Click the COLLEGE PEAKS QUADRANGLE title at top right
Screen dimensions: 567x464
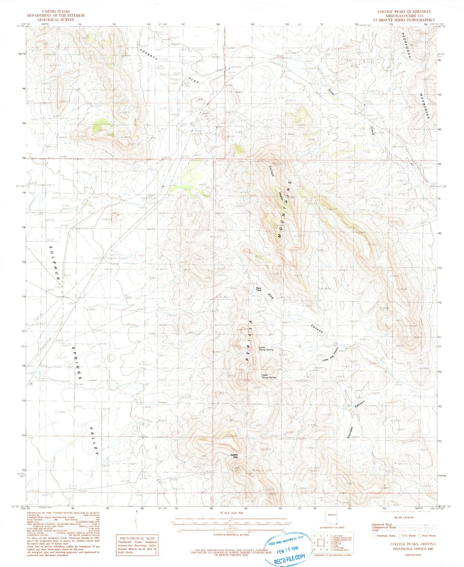pos(404,12)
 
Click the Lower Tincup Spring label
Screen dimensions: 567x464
pos(266,348)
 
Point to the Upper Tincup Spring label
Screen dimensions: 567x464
pos(268,376)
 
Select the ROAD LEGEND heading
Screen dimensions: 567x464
pos(403,517)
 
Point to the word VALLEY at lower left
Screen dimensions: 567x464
pos(94,441)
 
